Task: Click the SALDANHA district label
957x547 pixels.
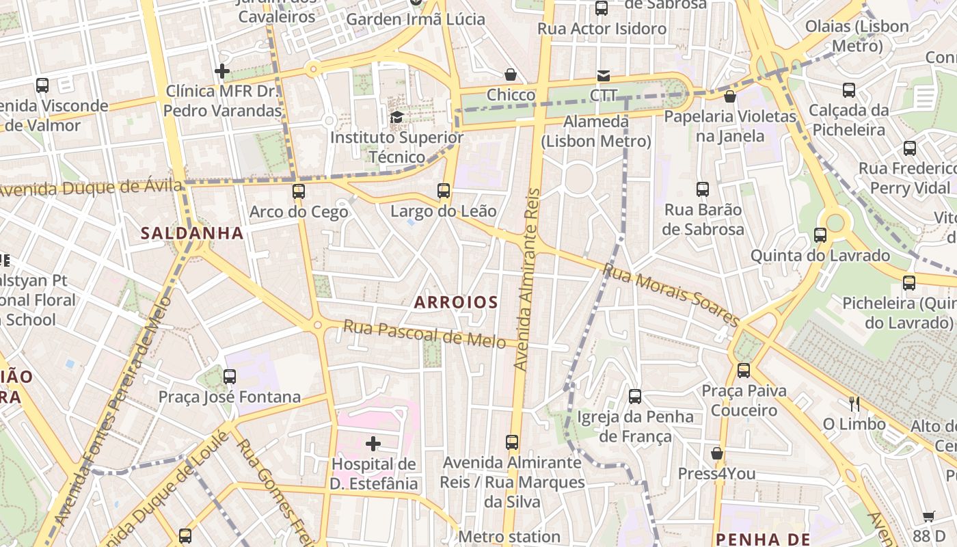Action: click(192, 233)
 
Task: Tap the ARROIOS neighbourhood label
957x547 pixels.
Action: click(456, 302)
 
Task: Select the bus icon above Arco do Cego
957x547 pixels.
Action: click(299, 191)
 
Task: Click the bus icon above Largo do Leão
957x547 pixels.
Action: click(444, 191)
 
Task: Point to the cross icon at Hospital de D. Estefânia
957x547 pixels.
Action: click(373, 444)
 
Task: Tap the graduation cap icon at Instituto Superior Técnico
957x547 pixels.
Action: click(396, 117)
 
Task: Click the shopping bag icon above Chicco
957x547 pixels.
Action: click(511, 75)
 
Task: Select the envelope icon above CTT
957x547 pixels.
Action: click(604, 76)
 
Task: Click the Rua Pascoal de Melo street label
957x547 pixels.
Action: click(424, 333)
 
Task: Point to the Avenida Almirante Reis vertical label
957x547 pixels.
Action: click(526, 280)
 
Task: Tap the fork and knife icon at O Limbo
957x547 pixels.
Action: click(854, 404)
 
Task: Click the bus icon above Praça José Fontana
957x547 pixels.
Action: click(230, 377)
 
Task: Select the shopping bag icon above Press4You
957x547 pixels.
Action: click(717, 453)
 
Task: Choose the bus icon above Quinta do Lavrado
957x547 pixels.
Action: click(820, 235)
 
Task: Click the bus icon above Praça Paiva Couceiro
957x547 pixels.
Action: click(744, 371)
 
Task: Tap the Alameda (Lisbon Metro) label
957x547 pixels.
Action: click(596, 131)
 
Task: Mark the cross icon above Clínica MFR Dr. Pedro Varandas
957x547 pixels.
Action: click(222, 71)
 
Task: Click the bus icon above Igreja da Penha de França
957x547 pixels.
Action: click(635, 396)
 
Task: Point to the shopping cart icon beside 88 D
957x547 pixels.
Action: click(928, 517)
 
